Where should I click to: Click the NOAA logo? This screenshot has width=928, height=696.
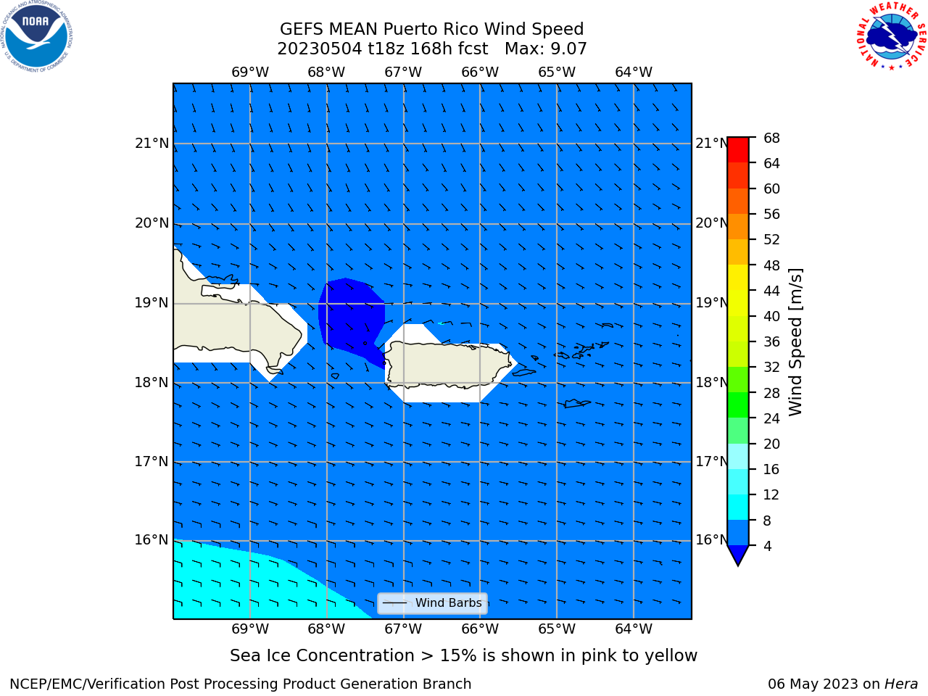pos(36,36)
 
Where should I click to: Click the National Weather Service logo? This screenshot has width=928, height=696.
pos(891,36)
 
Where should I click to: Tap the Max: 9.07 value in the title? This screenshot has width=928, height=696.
pos(545,49)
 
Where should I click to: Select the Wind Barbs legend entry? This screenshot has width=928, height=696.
pos(432,603)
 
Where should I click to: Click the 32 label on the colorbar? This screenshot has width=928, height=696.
pos(771,367)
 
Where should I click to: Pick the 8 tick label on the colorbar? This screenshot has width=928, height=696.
pos(767,521)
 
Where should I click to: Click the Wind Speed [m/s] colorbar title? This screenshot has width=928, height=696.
pos(795,341)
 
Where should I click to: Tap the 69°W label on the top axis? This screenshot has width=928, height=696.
pos(250,72)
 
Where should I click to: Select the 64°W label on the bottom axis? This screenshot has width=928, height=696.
pos(634,629)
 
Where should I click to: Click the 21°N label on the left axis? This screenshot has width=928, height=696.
pos(152,144)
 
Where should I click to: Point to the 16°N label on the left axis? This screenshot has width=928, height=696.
pos(152,539)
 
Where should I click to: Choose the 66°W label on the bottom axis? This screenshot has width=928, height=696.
pos(480,629)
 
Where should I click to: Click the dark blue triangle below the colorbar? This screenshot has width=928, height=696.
pos(738,555)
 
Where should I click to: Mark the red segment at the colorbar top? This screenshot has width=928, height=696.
pos(738,149)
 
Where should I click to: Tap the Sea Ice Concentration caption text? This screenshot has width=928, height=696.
pos(463,655)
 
